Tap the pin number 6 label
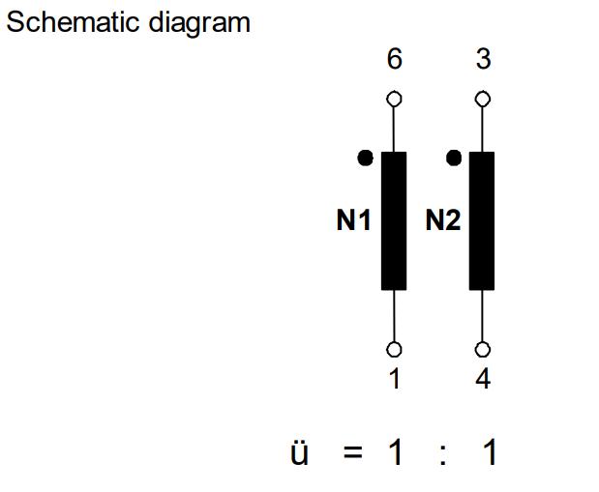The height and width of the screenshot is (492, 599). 395,59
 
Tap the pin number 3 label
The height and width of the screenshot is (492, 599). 483,59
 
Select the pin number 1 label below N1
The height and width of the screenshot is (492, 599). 394,379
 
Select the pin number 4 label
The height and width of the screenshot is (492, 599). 483,379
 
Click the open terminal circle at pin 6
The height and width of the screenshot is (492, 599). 394,99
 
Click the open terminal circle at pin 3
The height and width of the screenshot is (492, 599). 483,99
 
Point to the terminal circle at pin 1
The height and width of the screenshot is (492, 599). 394,349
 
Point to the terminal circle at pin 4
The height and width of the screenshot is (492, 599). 483,349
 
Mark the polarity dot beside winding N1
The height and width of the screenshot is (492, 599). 365,158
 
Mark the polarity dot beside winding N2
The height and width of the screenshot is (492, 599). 454,158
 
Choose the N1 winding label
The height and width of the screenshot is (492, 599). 354,220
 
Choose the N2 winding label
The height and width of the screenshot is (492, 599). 443,220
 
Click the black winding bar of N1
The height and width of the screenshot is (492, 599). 394,221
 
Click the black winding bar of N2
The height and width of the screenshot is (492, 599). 482,221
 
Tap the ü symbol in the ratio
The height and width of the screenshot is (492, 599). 300,452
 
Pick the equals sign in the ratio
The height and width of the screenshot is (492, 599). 353,452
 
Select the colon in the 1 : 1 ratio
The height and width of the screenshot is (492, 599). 443,453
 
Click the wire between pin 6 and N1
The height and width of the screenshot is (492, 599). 394,129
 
